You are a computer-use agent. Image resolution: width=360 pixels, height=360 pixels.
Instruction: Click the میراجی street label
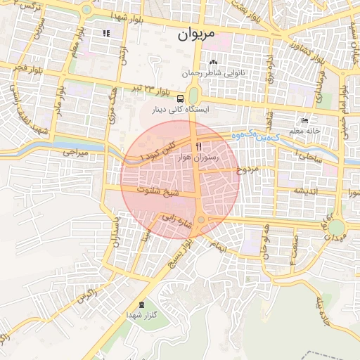(72, 152)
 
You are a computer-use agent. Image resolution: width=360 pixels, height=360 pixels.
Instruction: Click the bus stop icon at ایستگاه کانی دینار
(181, 98)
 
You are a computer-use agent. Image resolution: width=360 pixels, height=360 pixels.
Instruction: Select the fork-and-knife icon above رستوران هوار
(198, 146)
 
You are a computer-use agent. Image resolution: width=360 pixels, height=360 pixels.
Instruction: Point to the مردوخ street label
(248, 169)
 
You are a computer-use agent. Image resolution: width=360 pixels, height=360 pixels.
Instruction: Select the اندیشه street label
(307, 191)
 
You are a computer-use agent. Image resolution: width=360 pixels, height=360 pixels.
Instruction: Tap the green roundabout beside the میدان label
(337, 229)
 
